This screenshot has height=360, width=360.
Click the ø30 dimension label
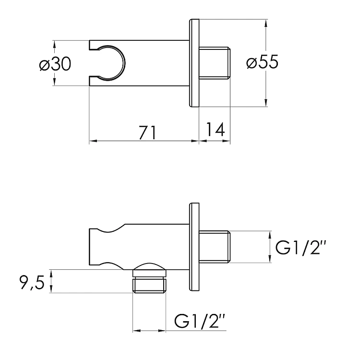pos(55,64)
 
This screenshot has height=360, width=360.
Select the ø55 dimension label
pos(262,62)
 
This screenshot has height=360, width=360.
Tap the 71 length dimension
pos(148,132)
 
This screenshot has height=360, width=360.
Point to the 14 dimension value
pos(215,129)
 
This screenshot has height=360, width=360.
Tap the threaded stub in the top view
pos(214,63)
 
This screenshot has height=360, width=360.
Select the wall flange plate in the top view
pos(194,63)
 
